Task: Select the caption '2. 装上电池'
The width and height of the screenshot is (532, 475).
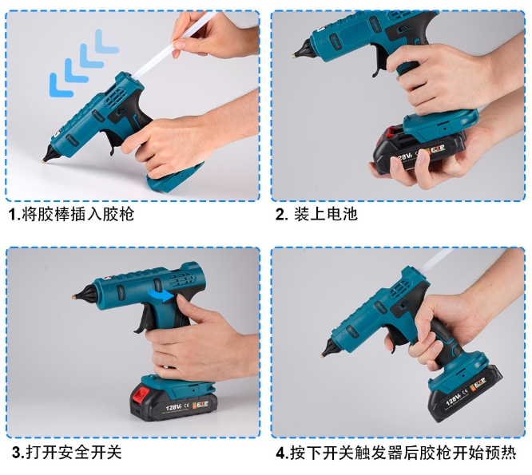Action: point(316,215)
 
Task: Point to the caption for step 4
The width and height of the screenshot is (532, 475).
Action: point(395,453)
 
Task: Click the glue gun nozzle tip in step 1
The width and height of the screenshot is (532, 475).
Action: point(44,159)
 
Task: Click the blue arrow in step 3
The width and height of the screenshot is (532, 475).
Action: point(162,297)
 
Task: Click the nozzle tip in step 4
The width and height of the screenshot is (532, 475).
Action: point(324,354)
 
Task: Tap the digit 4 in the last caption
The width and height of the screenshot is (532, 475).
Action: point(281,453)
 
